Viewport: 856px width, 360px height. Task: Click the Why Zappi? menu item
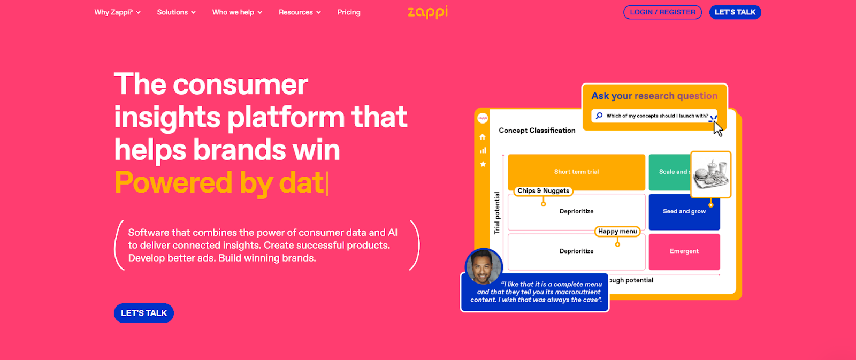coord(117,12)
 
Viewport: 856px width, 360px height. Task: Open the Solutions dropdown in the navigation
coord(176,12)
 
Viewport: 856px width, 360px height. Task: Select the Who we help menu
coord(237,12)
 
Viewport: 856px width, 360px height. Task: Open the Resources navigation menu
coord(300,12)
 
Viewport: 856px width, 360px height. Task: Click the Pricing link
coord(349,12)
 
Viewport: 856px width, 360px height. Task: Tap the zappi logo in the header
coord(427,12)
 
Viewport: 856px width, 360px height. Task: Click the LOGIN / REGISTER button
coord(662,12)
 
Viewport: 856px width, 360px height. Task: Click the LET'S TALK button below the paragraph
coord(144,313)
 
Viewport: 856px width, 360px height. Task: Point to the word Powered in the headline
coord(173,182)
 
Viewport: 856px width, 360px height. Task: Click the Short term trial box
coord(576,172)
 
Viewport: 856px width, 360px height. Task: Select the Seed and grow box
coord(684,211)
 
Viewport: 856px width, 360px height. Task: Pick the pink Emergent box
coord(684,251)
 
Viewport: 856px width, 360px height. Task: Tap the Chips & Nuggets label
coord(543,191)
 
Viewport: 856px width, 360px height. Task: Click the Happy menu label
coord(617,232)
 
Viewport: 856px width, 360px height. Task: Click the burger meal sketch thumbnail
coord(710,174)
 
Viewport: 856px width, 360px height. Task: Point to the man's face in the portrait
coord(483,265)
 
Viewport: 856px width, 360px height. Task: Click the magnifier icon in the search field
coord(599,116)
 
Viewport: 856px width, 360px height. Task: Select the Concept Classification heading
coord(537,131)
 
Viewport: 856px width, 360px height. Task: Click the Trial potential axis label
coord(496,213)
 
